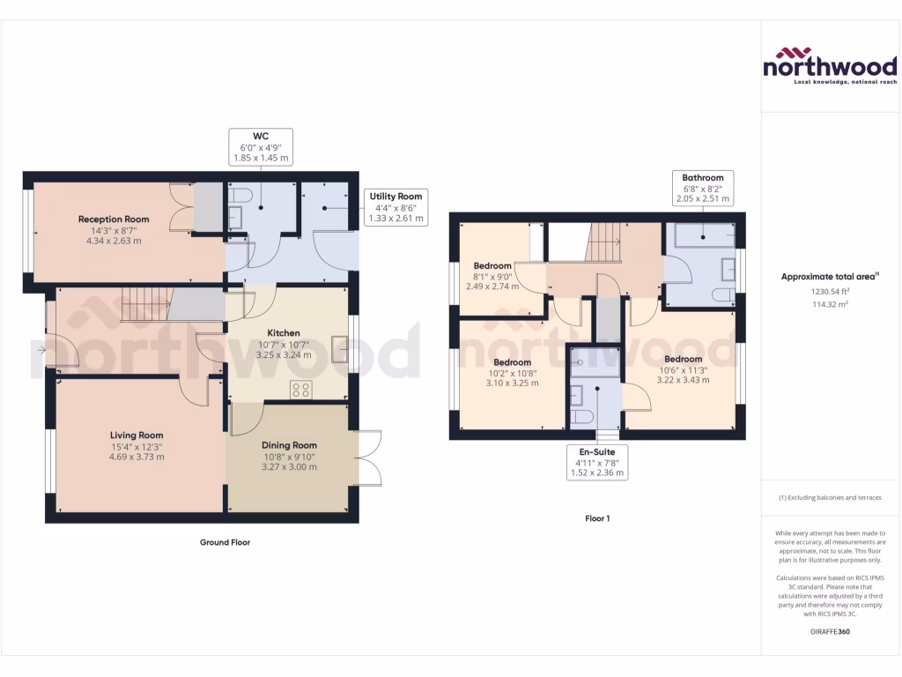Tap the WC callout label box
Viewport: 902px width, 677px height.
pos(261,146)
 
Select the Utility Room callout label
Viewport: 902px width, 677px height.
pos(396,207)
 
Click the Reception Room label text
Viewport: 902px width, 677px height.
pos(114,219)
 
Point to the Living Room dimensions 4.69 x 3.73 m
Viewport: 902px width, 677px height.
pos(137,457)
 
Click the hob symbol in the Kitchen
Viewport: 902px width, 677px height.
pos(300,390)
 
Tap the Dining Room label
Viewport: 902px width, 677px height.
pos(289,445)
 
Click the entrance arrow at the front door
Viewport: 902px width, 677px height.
pos(41,350)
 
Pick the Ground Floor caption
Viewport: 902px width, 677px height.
pos(225,543)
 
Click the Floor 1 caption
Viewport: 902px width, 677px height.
pos(597,518)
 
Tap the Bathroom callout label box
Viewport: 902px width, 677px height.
pos(702,188)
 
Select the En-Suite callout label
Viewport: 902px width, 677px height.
pos(596,462)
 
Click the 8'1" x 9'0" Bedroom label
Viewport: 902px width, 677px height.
pos(492,266)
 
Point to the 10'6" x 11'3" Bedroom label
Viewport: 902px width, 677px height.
pos(683,359)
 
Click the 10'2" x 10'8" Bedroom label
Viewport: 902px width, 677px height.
pos(512,362)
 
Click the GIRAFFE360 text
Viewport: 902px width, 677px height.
pos(830,632)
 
